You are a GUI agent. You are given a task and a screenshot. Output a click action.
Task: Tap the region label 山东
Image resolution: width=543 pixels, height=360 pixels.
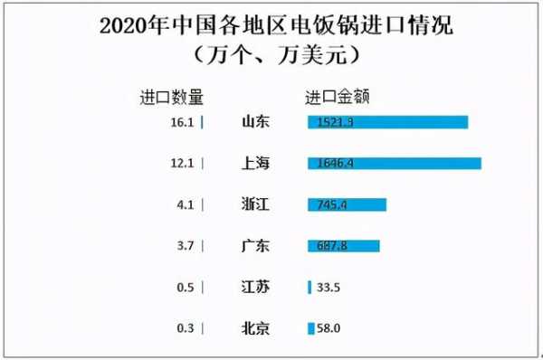pyautogui.click(x=257, y=122)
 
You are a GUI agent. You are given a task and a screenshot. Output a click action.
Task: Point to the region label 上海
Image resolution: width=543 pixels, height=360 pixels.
pyautogui.click(x=257, y=163)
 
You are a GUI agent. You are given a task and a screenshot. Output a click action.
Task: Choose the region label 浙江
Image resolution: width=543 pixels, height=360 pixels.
pyautogui.click(x=257, y=204)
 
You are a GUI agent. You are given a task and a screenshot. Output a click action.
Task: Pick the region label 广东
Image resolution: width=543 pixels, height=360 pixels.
pyautogui.click(x=257, y=245)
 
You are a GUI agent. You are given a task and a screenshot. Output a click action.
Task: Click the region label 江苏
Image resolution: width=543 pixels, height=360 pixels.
pyautogui.click(x=257, y=287)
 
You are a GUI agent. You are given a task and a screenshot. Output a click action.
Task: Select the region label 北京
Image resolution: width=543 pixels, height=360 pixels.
pyautogui.click(x=257, y=327)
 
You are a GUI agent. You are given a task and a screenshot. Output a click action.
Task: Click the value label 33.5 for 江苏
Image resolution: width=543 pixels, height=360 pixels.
pyautogui.click(x=329, y=287)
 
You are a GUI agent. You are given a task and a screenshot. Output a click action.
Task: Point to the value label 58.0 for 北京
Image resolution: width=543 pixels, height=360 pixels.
pyautogui.click(x=329, y=327)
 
